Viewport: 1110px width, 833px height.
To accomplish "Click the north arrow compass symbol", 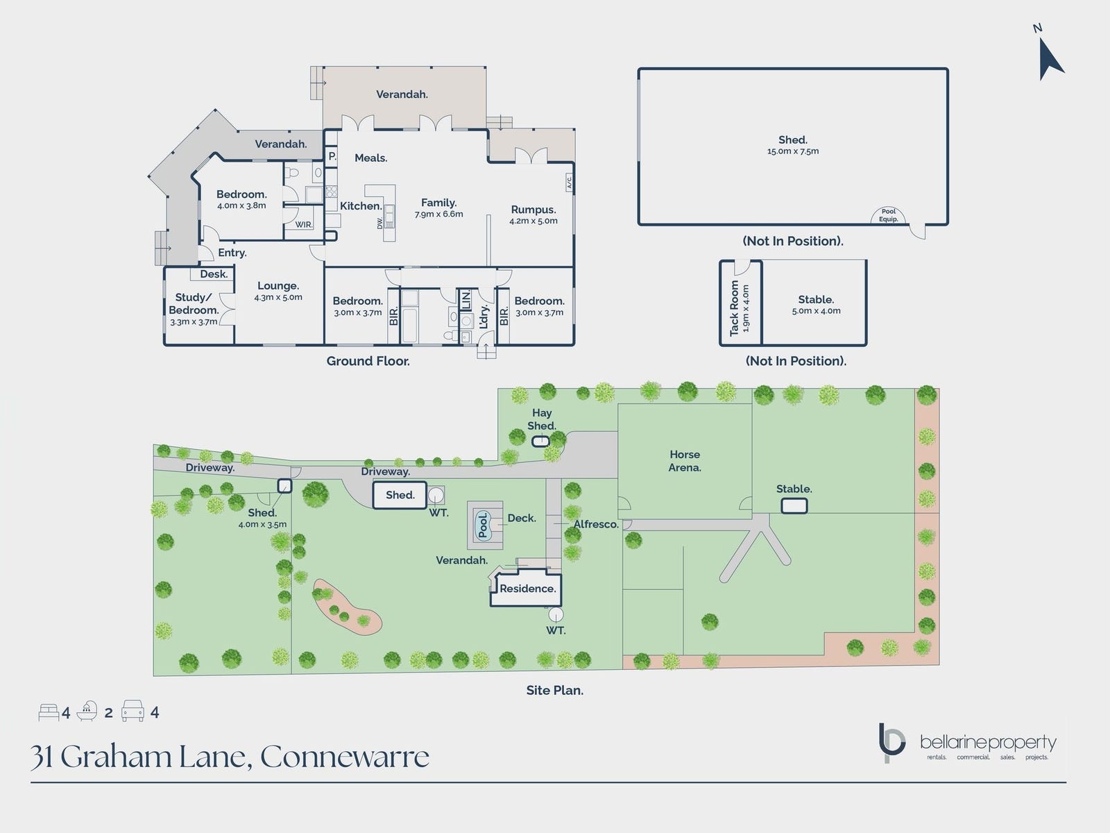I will [1050, 56].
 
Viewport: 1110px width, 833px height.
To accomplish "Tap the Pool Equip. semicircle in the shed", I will [889, 216].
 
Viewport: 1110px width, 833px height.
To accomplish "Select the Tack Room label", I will [735, 308].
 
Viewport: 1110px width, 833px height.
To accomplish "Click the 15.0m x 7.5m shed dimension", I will [793, 151].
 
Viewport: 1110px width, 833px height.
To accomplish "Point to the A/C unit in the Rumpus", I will [568, 183].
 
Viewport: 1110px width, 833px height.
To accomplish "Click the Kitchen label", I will [361, 206].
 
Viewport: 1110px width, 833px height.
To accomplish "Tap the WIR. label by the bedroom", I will [304, 225].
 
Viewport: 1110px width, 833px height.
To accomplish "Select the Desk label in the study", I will [214, 274].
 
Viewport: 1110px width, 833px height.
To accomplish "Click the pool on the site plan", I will [484, 525].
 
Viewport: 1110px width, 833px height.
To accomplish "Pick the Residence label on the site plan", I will [527, 589].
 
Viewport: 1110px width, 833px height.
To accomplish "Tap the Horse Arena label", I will [685, 461].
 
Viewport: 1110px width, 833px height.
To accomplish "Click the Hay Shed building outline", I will [540, 441].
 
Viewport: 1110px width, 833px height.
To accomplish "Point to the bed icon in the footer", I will [49, 712].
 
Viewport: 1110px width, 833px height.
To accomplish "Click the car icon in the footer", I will [133, 712].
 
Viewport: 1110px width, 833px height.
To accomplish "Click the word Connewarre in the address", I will [345, 757].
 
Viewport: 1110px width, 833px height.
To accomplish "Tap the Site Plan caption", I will [554, 691].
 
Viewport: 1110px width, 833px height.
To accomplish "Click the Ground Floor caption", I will [368, 361].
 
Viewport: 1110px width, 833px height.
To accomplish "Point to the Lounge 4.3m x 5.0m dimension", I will [278, 298].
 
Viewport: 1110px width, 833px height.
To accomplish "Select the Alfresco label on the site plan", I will [596, 525].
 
